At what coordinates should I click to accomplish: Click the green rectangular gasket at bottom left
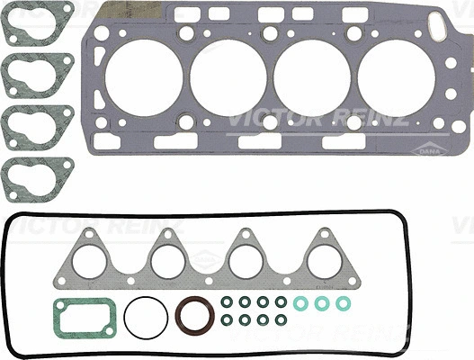83,319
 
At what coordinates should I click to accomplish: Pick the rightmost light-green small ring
343,303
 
